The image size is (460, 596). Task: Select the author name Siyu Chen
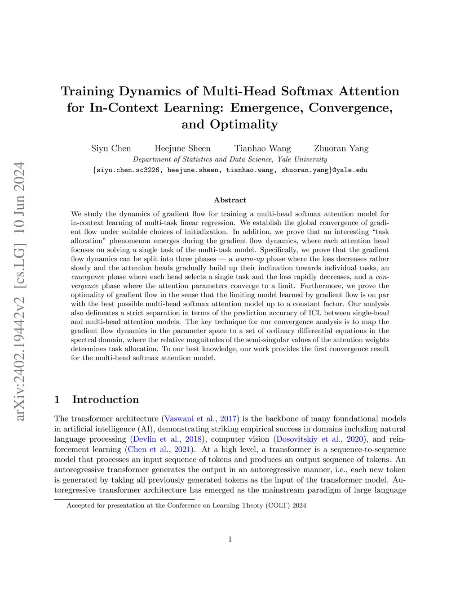click(x=111, y=148)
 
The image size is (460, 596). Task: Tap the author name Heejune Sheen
click(x=182, y=148)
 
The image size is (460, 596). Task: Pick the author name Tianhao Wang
click(x=262, y=148)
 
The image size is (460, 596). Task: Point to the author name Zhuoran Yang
click(x=341, y=148)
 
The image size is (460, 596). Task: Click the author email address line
click(x=230, y=170)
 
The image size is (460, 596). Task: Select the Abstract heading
click(x=230, y=200)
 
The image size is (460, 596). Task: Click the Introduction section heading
click(x=105, y=399)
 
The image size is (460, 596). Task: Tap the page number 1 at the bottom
click(x=230, y=539)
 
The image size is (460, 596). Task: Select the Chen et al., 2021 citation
click(x=160, y=449)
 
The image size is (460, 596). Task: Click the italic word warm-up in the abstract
click(x=249, y=259)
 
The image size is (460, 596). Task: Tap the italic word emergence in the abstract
click(x=88, y=277)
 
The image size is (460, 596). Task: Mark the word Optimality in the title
click(x=244, y=125)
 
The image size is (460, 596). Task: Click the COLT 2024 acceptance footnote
click(x=186, y=506)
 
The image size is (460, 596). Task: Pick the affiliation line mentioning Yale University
click(x=230, y=159)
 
